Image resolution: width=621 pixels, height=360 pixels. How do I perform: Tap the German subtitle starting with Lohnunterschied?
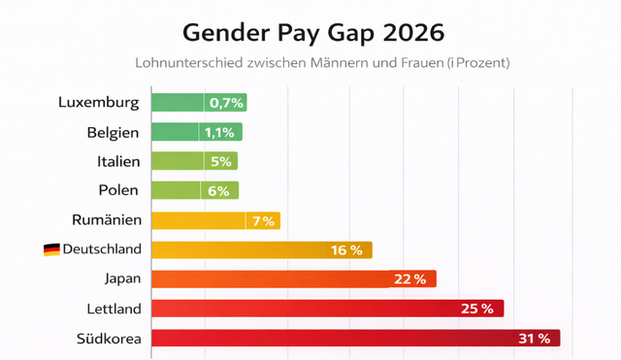coord(310,63)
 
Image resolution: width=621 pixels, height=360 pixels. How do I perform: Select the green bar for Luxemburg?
coord(199,103)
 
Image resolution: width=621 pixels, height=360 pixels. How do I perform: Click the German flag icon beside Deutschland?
coord(51,250)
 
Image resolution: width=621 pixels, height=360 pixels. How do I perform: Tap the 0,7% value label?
coord(225,103)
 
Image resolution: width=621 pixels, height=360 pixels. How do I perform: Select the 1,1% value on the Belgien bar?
coord(220,132)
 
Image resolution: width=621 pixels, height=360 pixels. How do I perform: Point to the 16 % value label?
coord(346,250)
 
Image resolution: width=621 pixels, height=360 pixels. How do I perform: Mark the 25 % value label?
coord(476,309)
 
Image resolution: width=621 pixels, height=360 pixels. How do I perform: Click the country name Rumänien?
coord(107,220)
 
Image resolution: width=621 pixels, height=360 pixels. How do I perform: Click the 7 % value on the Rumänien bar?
coord(263,220)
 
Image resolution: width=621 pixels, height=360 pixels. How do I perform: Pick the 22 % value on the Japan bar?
coord(409,279)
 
